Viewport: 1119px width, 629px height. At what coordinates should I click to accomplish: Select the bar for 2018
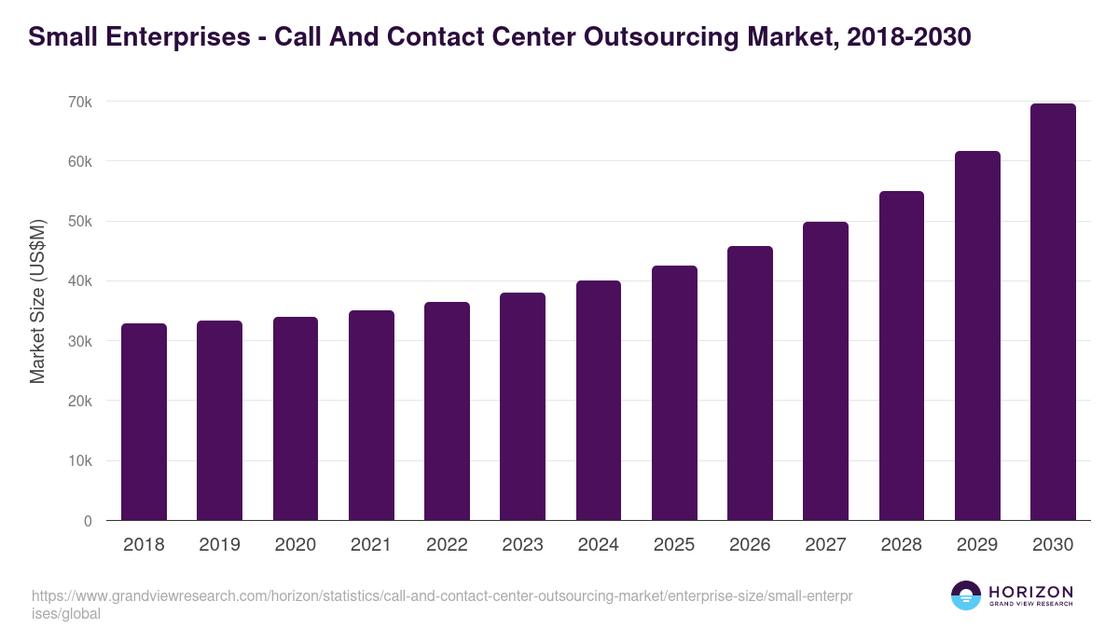point(144,422)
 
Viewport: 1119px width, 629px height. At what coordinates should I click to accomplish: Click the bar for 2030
point(1053,312)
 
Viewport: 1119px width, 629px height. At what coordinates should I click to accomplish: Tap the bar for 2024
point(599,401)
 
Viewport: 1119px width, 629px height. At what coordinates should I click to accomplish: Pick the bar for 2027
point(825,371)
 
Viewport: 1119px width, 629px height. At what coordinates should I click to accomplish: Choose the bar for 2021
point(371,416)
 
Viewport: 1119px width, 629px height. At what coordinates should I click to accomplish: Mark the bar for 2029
point(977,335)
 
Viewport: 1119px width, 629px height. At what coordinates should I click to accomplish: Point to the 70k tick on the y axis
point(81,102)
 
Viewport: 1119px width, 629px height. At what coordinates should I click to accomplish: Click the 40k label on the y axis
point(81,281)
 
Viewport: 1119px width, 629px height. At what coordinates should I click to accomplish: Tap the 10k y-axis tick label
point(81,461)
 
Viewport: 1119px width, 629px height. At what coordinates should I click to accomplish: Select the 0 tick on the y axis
point(88,521)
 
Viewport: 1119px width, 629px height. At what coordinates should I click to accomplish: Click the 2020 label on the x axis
point(296,545)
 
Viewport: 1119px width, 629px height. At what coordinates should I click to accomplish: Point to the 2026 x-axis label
point(750,545)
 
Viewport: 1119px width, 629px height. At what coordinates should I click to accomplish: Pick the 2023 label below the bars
point(522,545)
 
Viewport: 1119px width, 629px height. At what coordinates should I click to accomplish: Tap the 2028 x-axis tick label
point(902,545)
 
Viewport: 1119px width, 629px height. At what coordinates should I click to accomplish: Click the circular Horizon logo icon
point(966,596)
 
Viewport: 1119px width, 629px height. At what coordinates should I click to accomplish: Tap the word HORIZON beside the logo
point(1030,592)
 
